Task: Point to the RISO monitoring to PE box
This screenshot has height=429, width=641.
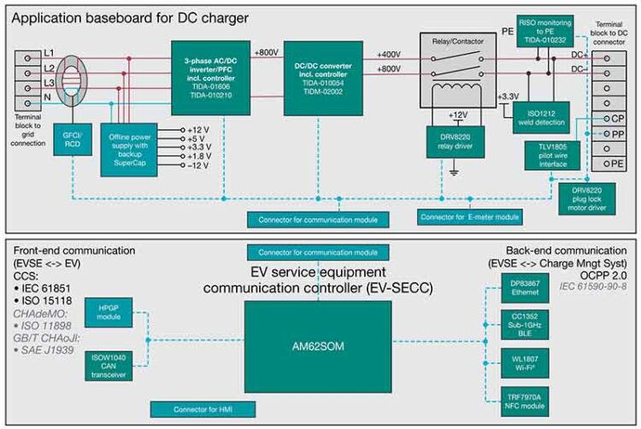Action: point(545,32)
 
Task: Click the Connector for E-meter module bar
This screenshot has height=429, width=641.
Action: point(469,218)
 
